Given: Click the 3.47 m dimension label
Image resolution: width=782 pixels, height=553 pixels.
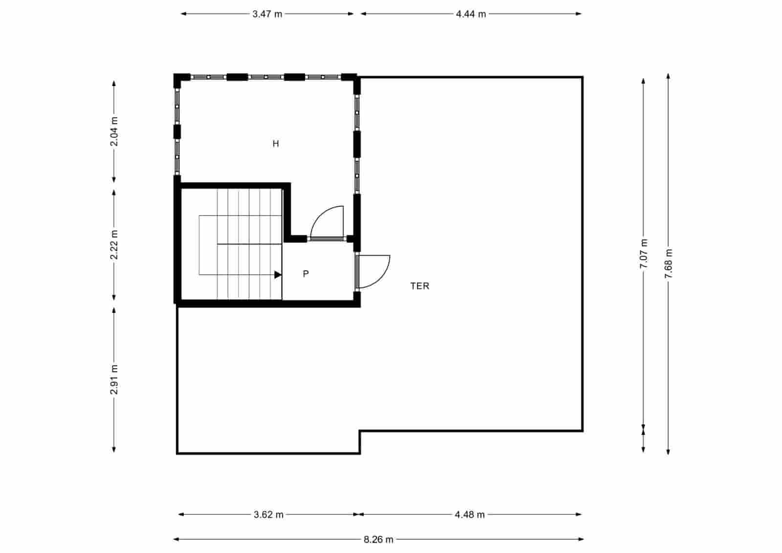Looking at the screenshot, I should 267,14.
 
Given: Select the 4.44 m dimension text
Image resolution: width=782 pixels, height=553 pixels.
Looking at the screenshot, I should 471,14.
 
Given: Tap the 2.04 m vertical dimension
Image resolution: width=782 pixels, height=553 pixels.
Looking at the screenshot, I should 114,132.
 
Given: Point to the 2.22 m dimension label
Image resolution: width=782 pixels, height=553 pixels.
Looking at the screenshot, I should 114,245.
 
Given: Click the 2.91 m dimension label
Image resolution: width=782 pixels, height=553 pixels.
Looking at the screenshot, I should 114,379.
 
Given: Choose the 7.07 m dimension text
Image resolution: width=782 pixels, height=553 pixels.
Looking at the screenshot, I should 644,253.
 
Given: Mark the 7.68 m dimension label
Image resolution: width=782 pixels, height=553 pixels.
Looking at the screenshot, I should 668,264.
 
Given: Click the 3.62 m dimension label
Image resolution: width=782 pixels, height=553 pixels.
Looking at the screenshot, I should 269,514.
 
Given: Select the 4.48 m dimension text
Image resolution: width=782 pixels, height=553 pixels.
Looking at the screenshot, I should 470,514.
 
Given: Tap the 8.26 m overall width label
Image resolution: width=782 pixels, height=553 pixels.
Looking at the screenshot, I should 378,540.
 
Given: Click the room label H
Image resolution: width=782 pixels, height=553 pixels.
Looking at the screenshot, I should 276,144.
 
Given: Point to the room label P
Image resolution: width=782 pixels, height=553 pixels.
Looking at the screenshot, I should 306,274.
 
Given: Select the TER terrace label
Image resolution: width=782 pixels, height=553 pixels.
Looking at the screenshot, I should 419,286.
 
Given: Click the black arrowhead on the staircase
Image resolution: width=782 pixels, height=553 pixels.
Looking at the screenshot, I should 278,275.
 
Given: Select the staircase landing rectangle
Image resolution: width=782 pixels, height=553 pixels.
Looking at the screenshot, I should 208,244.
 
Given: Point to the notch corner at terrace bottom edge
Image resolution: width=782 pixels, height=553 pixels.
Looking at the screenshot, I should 360,431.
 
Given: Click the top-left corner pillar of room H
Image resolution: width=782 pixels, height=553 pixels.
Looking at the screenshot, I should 181,79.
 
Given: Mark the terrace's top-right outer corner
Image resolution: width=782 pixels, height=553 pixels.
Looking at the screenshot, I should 582,77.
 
